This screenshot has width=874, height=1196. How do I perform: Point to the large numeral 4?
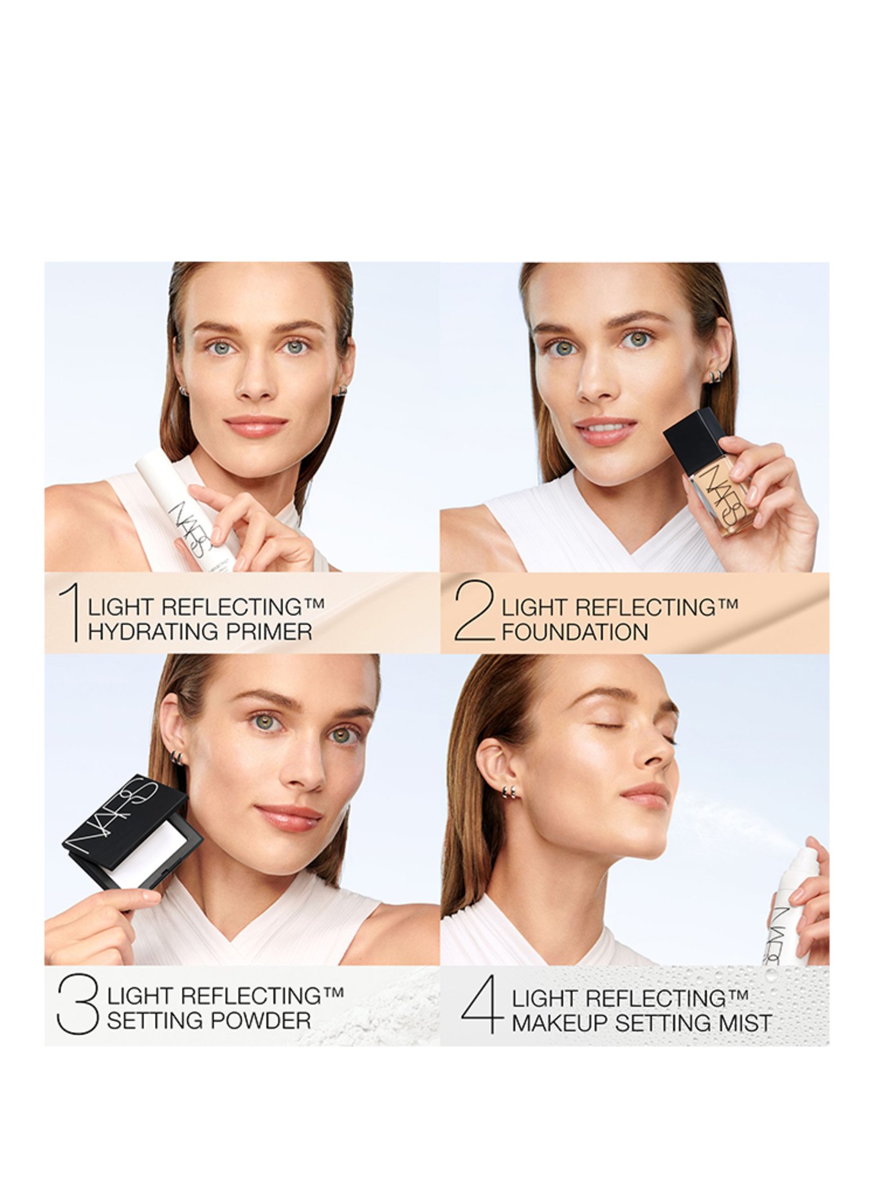click(481, 1004)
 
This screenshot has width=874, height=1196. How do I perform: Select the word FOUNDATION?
click(575, 632)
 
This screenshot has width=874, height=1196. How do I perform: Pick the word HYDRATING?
click(152, 631)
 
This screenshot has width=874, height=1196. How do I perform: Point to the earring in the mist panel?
click(511, 792)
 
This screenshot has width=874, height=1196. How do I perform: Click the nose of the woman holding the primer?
click(255, 385)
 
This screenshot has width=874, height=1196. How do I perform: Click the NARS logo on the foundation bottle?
click(725, 493)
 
